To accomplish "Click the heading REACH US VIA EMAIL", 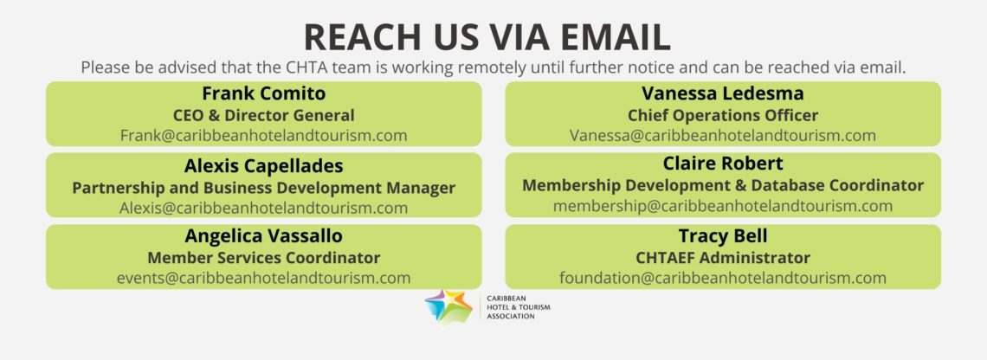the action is point(487,37).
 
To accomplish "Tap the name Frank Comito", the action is point(264,93).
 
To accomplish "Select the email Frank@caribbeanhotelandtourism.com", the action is point(264,135).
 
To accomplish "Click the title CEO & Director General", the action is point(264,115).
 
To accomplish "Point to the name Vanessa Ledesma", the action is point(723,93).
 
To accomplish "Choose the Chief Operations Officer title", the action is point(723,115).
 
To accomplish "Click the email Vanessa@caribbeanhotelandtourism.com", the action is point(723,135).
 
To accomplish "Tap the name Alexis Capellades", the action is point(264,166).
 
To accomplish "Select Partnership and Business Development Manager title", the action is point(264,188).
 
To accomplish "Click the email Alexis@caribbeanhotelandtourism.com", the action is point(264,208).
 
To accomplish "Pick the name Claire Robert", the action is point(723,164).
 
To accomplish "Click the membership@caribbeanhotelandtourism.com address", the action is point(723,206).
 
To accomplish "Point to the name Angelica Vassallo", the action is point(264,236).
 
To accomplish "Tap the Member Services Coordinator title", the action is point(264,257).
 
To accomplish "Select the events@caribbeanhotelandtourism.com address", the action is point(264,278).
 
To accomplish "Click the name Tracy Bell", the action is point(723,236).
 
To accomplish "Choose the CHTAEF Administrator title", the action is point(723,257).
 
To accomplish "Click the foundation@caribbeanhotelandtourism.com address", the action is point(723,278).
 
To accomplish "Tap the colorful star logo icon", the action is point(448,306).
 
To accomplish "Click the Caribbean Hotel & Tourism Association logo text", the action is point(518,307).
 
